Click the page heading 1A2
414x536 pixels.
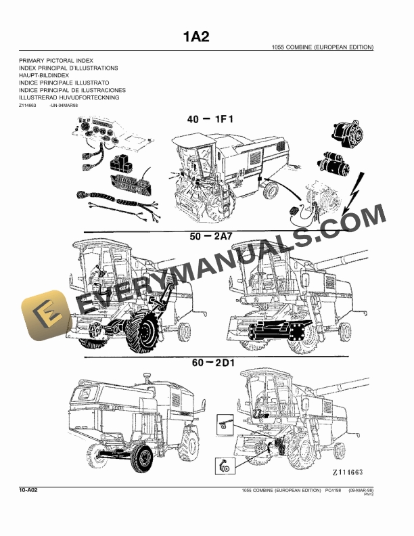(x=196, y=37)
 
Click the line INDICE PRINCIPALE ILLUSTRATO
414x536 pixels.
(x=64, y=83)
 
